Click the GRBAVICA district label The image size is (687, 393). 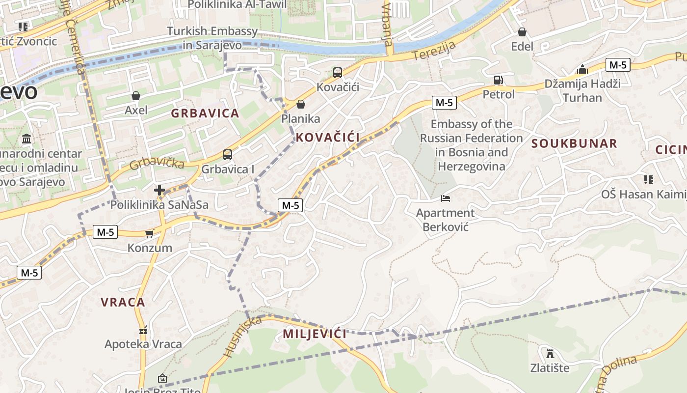click(x=205, y=113)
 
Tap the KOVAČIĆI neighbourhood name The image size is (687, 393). click(x=328, y=138)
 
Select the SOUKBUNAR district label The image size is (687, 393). click(x=574, y=143)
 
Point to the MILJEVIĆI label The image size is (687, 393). click(x=315, y=334)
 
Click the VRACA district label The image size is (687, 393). click(x=123, y=302)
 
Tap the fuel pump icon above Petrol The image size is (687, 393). click(x=498, y=80)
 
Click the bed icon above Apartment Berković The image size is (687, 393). click(x=446, y=198)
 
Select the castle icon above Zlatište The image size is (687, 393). click(x=550, y=353)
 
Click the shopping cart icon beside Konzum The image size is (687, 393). click(x=150, y=233)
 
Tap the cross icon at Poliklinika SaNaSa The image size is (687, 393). click(x=159, y=190)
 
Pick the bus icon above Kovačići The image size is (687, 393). click(x=338, y=73)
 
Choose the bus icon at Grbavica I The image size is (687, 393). click(x=228, y=155)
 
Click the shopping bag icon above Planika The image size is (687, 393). click(x=301, y=104)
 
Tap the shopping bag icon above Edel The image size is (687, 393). click(x=522, y=32)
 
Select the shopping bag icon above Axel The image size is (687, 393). click(x=136, y=96)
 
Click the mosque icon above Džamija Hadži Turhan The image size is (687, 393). click(x=582, y=69)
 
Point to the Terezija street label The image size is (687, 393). click(x=434, y=51)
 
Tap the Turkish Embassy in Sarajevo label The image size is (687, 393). click(x=212, y=38)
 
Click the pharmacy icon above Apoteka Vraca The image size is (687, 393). click(x=143, y=330)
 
